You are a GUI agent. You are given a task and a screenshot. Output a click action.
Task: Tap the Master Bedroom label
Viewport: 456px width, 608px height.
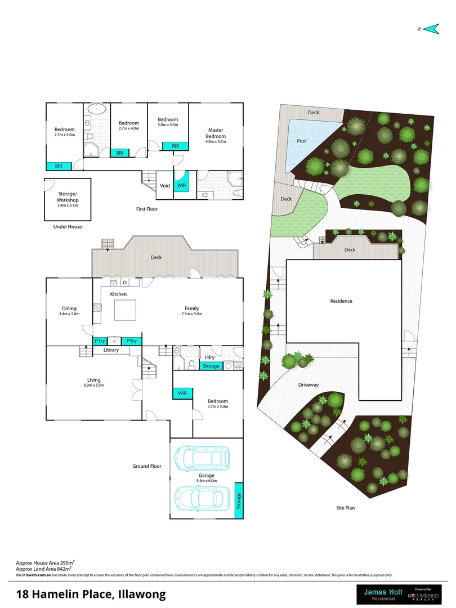(216, 133)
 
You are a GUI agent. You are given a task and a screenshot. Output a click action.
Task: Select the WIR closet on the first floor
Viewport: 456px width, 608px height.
(181, 185)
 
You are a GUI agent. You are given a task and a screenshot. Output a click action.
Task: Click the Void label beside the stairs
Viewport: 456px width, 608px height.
(165, 186)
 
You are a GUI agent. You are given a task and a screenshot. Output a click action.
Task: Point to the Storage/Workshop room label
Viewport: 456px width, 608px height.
(68, 200)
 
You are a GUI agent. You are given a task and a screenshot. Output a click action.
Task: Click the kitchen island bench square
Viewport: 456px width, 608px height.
(126, 310)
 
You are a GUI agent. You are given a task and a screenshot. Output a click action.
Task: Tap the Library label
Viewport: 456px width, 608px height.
(111, 350)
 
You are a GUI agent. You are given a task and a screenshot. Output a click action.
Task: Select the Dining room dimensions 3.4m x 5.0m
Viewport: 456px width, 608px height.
(69, 314)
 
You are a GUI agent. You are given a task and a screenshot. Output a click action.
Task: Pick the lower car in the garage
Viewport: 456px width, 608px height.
(201, 498)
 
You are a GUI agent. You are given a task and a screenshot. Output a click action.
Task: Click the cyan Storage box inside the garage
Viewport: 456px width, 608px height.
(239, 500)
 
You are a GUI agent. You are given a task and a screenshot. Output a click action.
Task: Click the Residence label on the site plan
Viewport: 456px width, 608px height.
(341, 301)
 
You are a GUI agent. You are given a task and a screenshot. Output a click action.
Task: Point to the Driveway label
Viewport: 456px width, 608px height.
(309, 385)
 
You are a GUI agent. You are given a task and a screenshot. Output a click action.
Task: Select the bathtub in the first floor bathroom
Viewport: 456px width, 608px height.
(99, 109)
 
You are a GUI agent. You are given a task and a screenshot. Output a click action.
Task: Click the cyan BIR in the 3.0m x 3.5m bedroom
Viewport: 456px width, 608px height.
(176, 146)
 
